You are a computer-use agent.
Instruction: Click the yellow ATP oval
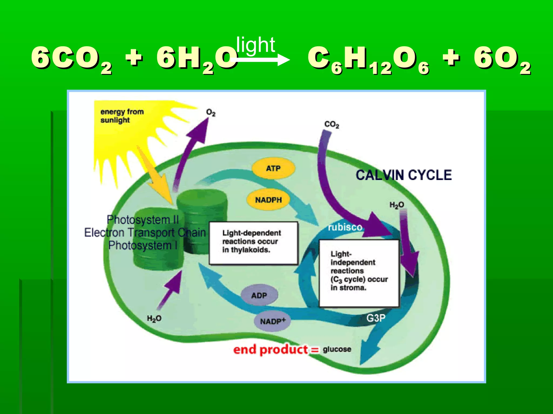(x=273, y=168)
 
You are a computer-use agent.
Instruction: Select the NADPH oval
(x=268, y=200)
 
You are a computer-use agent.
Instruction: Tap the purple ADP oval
(x=259, y=296)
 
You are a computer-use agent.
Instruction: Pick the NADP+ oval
(x=272, y=321)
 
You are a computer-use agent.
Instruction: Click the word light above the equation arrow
(x=255, y=45)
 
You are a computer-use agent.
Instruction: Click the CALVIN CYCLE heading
(x=403, y=175)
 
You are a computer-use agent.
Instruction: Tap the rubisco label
(x=345, y=227)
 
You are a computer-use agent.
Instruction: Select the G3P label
(x=376, y=318)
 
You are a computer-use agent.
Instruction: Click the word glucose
(x=337, y=350)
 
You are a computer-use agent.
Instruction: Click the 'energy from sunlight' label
(x=122, y=116)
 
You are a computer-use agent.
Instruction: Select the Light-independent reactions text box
(x=359, y=273)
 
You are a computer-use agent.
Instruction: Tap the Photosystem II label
(x=143, y=220)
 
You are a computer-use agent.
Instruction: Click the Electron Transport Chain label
(x=145, y=232)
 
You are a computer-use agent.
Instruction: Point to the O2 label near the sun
(x=211, y=113)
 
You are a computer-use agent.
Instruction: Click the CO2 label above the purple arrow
(x=332, y=125)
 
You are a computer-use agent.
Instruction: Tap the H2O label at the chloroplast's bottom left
(x=154, y=319)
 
